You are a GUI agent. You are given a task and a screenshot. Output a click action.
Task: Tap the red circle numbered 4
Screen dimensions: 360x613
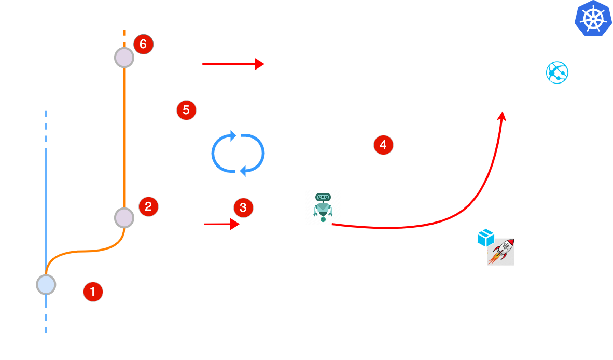[x=383, y=146]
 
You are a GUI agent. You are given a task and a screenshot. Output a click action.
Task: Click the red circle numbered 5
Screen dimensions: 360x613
[x=186, y=110]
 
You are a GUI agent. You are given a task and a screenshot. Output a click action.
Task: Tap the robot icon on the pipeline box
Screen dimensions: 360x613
[x=323, y=206]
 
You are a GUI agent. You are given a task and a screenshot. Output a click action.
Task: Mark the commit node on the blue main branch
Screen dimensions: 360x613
[x=46, y=285]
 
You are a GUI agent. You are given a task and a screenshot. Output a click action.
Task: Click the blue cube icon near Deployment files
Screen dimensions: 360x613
[x=485, y=238]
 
